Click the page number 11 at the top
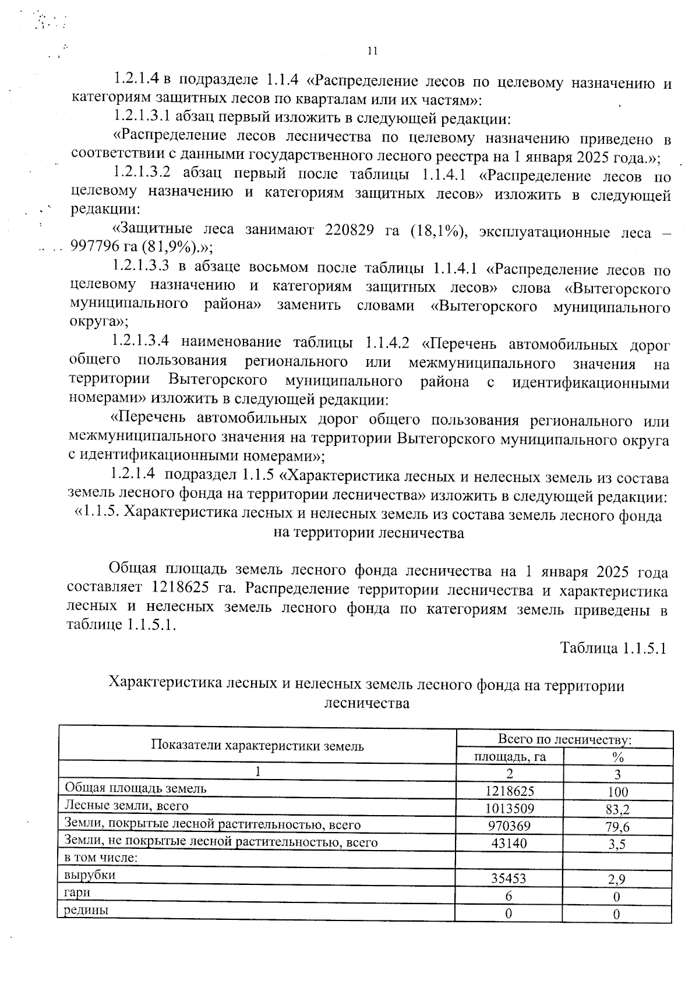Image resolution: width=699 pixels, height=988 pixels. click(x=373, y=51)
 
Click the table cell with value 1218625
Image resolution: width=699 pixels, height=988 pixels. click(x=509, y=791)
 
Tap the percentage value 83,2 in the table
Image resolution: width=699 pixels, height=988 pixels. click(x=617, y=809)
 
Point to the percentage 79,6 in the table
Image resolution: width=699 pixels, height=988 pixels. click(x=617, y=827)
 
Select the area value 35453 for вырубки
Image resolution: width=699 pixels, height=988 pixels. click(x=509, y=878)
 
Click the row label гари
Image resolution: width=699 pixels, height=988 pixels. click(x=77, y=892)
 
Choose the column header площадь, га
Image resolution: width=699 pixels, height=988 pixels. click(x=509, y=757)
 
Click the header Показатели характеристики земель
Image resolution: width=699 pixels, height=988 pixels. click(x=257, y=746)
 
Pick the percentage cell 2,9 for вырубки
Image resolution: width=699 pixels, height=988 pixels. click(x=617, y=879)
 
